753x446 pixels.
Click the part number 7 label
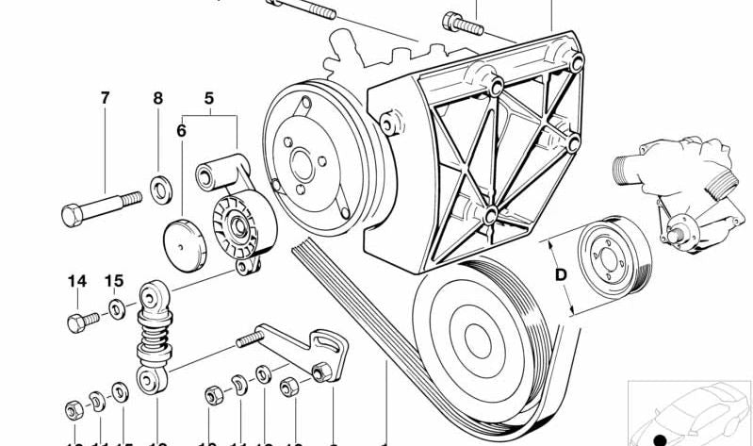pyautogui.click(x=105, y=97)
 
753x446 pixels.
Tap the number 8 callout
pyautogui.click(x=158, y=97)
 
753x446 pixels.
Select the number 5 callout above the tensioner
pyautogui.click(x=209, y=97)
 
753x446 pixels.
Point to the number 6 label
pyautogui.click(x=181, y=131)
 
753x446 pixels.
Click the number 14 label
pyautogui.click(x=76, y=281)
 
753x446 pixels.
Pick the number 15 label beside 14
pyautogui.click(x=114, y=281)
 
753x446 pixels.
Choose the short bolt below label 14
pyautogui.click(x=82, y=319)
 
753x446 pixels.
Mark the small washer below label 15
pyautogui.click(x=116, y=307)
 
